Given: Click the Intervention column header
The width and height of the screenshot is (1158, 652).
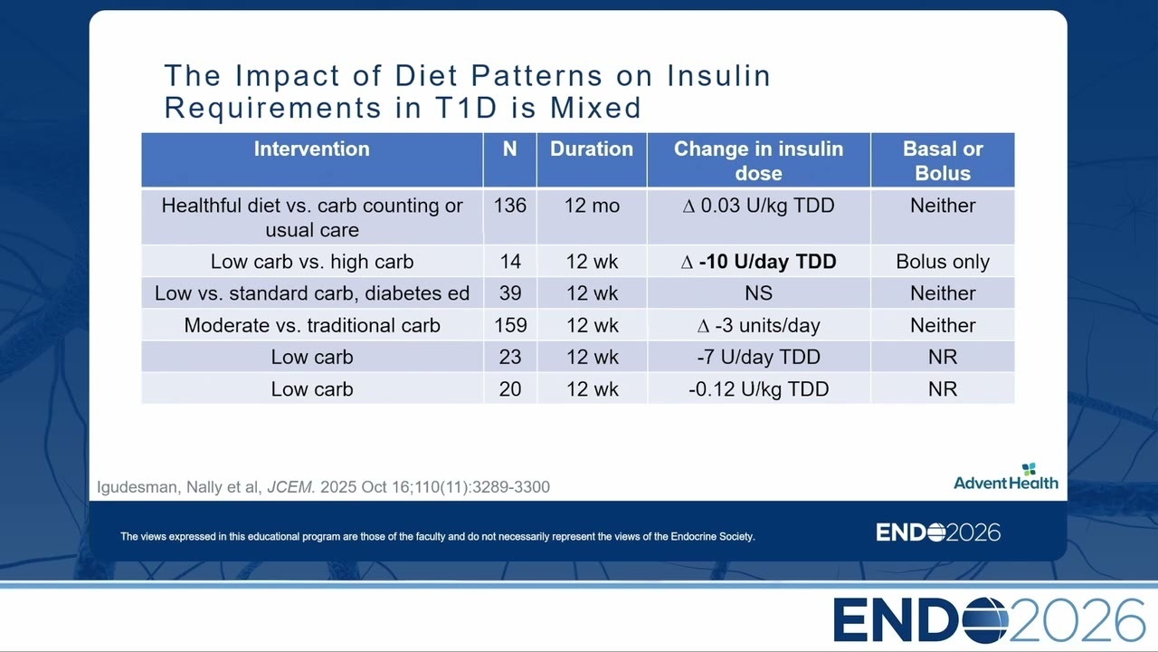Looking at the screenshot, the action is coord(312,149).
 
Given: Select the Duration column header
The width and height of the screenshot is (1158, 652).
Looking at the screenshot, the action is coord(592,149).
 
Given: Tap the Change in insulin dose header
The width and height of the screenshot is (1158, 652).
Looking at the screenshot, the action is coord(758,160).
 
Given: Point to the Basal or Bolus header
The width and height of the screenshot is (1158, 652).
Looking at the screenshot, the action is coord(943,160).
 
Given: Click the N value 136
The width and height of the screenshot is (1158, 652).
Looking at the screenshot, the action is coord(509,206).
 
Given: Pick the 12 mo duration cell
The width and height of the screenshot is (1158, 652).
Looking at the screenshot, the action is coord(592,206).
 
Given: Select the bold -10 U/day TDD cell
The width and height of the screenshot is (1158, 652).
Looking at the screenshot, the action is coord(758,262).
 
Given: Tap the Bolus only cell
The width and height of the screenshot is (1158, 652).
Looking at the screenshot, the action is coord(943,262).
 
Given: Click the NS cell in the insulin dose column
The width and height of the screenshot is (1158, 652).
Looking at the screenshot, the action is coord(758,293).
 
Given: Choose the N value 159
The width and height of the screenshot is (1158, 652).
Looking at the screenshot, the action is coord(510,325).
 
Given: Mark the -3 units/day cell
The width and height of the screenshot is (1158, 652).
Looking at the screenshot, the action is coord(758,325).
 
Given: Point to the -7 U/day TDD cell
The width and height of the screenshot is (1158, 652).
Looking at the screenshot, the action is coord(758,357).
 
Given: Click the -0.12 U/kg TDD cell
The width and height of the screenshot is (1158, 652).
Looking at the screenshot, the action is coord(758,389).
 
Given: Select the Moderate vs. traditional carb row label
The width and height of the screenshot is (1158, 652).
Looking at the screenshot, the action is coord(312,325).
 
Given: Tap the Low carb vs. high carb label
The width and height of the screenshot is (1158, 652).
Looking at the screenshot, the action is coord(312,262).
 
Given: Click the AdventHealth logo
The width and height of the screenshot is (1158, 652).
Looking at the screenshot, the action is coord(1005,476).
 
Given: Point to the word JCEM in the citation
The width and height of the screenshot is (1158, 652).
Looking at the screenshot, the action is coord(291,487).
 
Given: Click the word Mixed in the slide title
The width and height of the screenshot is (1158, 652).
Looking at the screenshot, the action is coord(595,108).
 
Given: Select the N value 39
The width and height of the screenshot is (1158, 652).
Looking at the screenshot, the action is coord(510,293).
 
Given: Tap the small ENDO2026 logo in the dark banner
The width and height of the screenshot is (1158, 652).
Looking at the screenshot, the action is coord(938,532).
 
